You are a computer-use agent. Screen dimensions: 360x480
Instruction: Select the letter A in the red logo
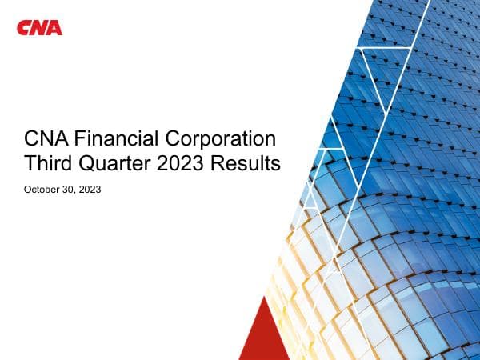(54, 28)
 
